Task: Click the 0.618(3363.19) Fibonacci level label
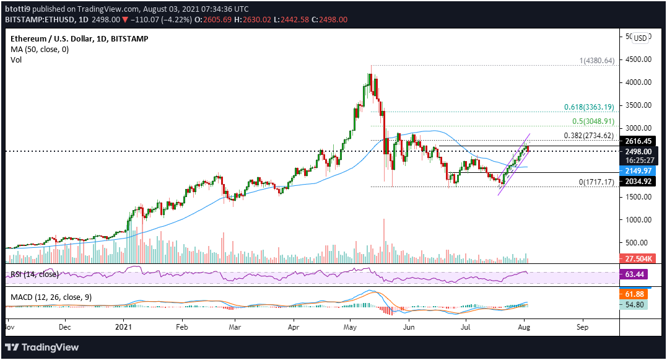tap(589, 107)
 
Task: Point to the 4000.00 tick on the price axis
tap(638, 82)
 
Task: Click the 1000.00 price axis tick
tap(638, 220)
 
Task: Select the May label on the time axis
tap(351, 325)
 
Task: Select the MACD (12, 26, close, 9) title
tap(51, 297)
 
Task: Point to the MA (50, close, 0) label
tap(38, 49)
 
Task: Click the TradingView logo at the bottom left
tap(43, 348)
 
